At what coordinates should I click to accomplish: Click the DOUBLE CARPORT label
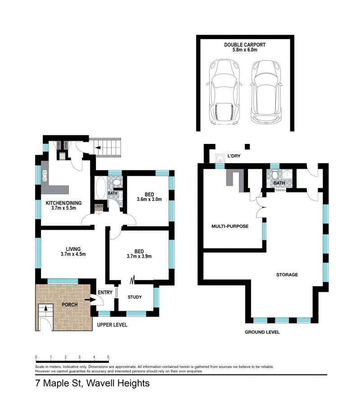click(x=245, y=45)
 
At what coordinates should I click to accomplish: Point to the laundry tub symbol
click(x=220, y=159)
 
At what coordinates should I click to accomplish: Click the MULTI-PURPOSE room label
click(x=230, y=226)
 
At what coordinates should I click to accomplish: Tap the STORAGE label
click(x=287, y=274)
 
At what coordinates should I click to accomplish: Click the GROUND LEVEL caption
click(x=262, y=332)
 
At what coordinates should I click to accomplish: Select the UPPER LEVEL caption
click(x=112, y=325)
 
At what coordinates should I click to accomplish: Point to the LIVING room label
click(x=73, y=249)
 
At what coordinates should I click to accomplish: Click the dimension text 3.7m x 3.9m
click(x=139, y=257)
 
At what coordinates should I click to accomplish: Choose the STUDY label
click(x=135, y=297)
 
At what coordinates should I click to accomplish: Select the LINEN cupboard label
click(x=99, y=206)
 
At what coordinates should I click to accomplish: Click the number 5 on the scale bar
click(x=108, y=357)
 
